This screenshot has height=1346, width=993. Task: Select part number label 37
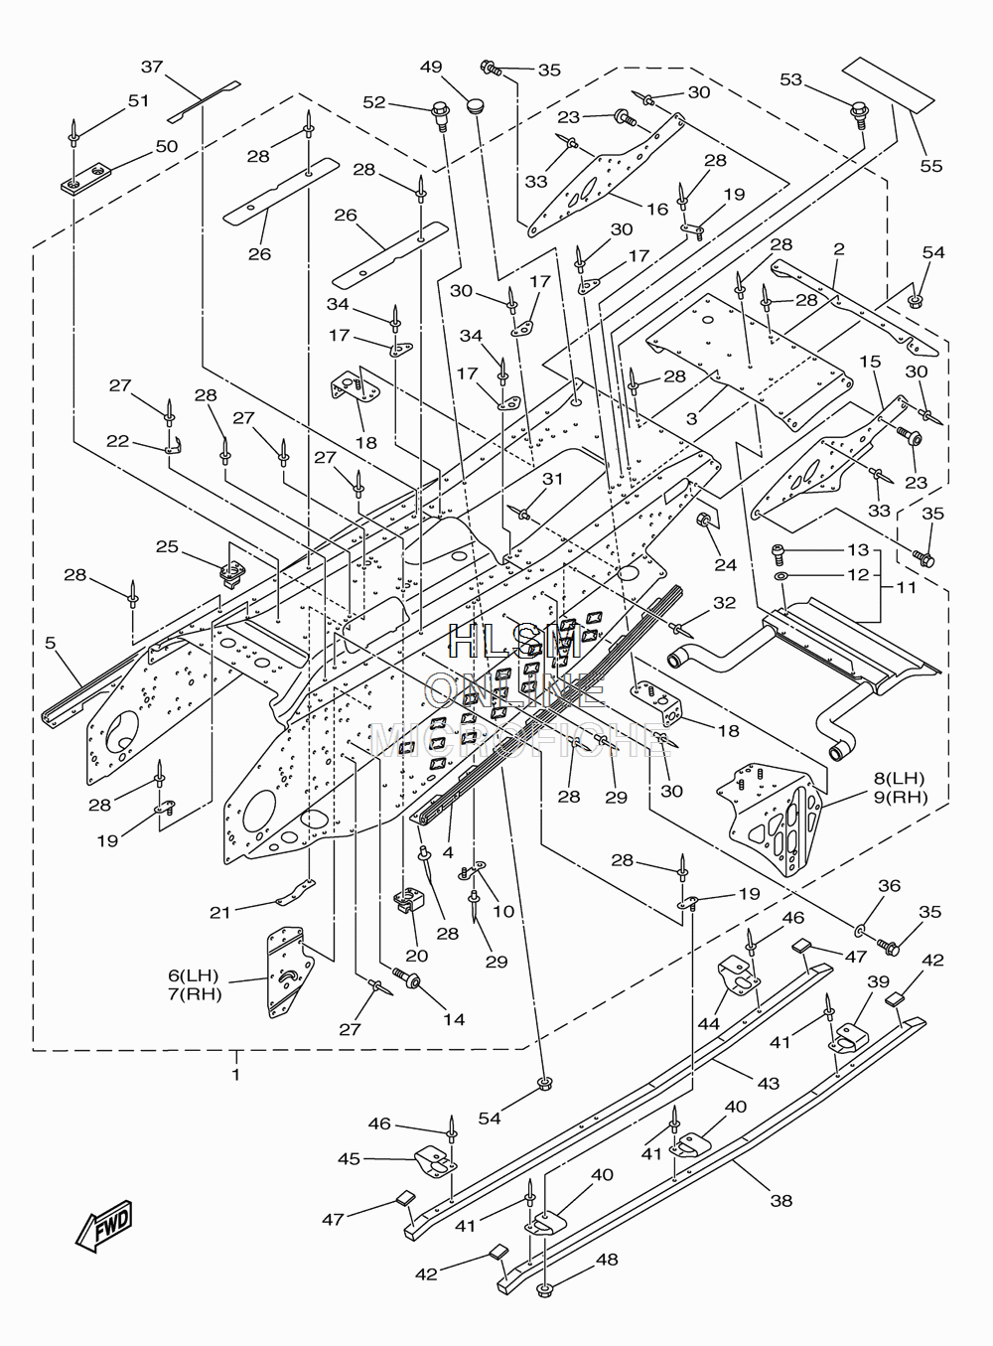pyautogui.click(x=152, y=67)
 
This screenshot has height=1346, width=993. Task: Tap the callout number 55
pyautogui.click(x=931, y=166)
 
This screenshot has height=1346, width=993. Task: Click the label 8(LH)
pyautogui.click(x=899, y=778)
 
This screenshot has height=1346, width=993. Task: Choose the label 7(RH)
pyautogui.click(x=195, y=994)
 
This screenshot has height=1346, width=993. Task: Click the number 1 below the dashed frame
pyautogui.click(x=236, y=1074)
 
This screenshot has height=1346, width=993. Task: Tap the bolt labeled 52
pyautogui.click(x=440, y=114)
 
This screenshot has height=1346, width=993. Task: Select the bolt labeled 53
pyautogui.click(x=860, y=114)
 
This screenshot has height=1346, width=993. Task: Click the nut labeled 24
pyautogui.click(x=704, y=520)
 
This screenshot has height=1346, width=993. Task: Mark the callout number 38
pyautogui.click(x=781, y=1200)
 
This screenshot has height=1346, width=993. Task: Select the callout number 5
pyautogui.click(x=50, y=643)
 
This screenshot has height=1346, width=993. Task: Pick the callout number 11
pyautogui.click(x=906, y=587)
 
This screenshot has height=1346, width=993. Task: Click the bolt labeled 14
pyautogui.click(x=407, y=977)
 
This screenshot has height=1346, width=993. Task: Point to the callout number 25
pyautogui.click(x=168, y=546)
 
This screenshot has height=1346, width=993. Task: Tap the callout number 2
pyautogui.click(x=839, y=248)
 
